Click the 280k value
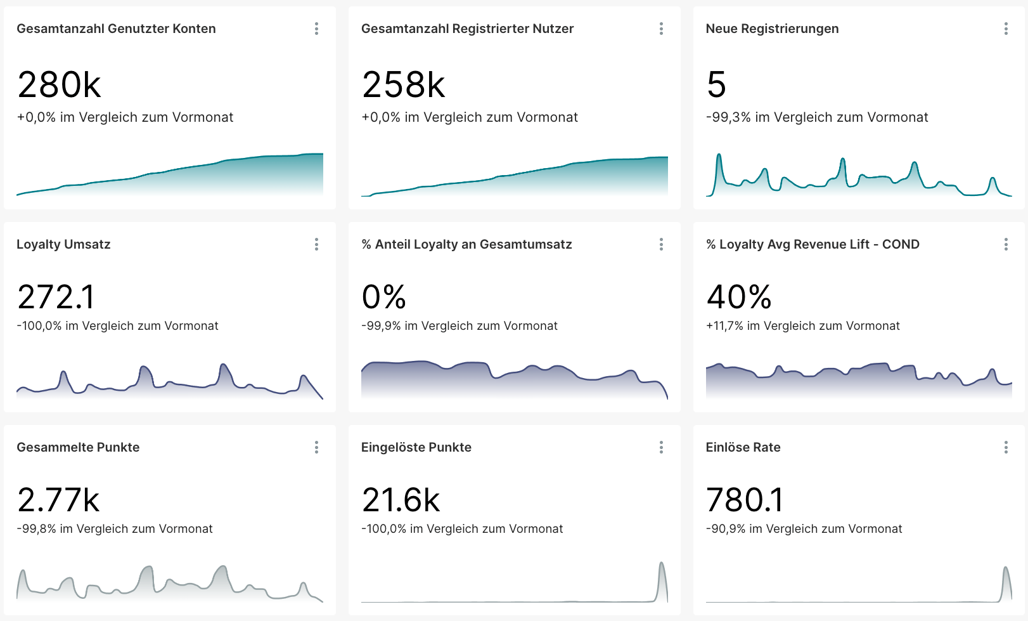coord(59,85)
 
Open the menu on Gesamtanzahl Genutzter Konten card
coord(316,29)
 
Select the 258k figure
coord(403,85)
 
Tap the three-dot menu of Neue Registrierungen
coord(1006,29)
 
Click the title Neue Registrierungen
coord(772,29)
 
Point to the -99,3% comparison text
coord(816,117)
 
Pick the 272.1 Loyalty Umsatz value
coord(56,297)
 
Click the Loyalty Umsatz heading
coord(63,244)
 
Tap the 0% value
coord(383,297)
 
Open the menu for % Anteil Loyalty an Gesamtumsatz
coord(661,244)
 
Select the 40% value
coord(738,297)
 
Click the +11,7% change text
coord(802,326)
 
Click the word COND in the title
coord(901,244)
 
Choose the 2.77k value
coord(58,500)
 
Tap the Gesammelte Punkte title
coord(78,447)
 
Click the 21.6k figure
coord(401,500)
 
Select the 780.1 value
coord(744,500)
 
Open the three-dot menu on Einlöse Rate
coord(1006,447)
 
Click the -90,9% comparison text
coord(804,529)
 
